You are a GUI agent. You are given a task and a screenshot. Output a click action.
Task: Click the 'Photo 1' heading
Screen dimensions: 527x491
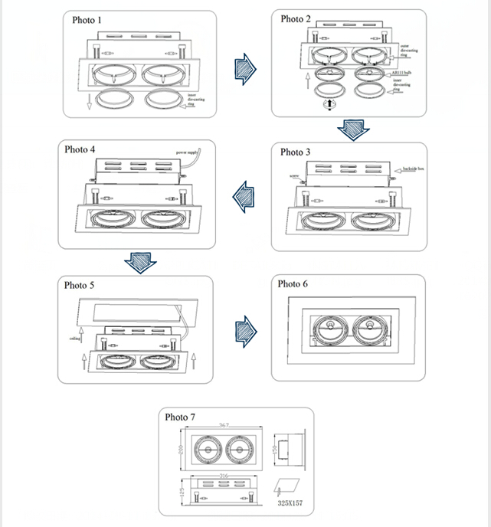click(x=86, y=20)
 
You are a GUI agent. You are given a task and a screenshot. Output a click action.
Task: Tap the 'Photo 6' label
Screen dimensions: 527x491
click(x=293, y=284)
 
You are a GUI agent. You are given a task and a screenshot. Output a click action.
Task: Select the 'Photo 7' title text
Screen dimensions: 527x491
click(x=180, y=417)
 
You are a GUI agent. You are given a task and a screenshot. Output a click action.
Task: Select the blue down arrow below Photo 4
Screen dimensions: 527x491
click(x=140, y=262)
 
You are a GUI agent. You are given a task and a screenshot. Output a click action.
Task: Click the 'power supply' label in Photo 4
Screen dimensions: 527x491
click(x=188, y=152)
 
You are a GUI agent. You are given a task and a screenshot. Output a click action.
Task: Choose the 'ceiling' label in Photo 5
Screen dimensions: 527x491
click(x=75, y=337)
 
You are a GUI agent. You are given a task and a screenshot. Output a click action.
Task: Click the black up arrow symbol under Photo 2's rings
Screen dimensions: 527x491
click(x=331, y=104)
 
